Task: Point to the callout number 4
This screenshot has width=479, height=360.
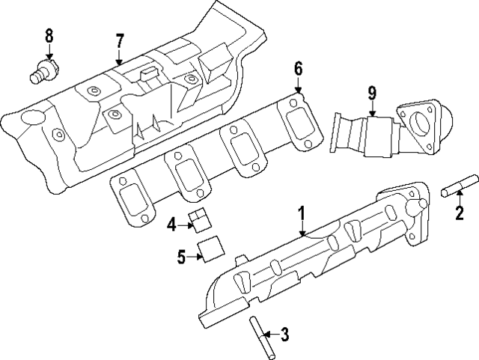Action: tap(171, 224)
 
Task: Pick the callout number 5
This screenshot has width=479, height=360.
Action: tap(181, 257)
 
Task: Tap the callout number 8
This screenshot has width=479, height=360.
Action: tap(49, 34)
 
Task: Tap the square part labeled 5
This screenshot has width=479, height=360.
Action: tap(210, 248)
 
